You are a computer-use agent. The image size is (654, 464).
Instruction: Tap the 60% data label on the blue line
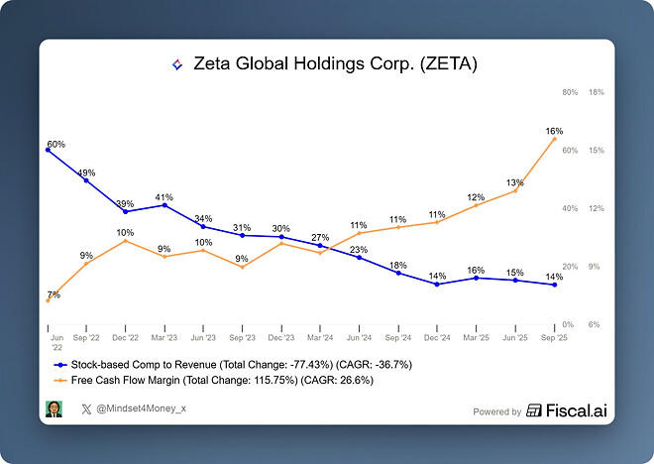click(x=56, y=144)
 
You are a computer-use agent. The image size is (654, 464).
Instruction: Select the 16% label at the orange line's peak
click(x=555, y=131)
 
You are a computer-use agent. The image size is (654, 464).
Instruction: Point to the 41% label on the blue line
click(x=164, y=196)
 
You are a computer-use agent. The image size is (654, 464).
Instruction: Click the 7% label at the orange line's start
click(x=54, y=294)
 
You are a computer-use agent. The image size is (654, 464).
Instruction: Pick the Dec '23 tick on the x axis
click(x=281, y=338)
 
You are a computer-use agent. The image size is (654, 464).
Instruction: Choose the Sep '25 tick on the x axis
click(x=555, y=338)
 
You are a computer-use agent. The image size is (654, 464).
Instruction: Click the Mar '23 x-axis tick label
click(x=164, y=338)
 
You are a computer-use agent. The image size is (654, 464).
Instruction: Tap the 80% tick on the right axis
click(x=570, y=93)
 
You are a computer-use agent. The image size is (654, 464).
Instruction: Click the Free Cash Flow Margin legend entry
click(x=223, y=380)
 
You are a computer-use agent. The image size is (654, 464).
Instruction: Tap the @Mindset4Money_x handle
click(x=148, y=408)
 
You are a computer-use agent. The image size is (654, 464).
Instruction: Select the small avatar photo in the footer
click(x=54, y=408)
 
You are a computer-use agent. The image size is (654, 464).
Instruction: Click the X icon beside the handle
click(x=86, y=408)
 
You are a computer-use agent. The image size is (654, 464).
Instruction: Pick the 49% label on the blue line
click(x=87, y=173)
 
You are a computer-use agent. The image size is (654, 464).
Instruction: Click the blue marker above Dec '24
click(x=438, y=285)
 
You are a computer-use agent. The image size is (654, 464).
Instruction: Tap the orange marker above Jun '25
click(x=515, y=190)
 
